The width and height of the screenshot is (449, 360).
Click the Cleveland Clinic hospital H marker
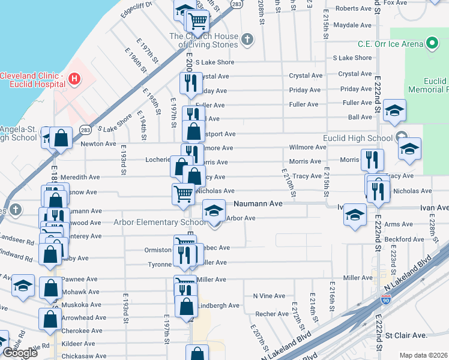click(74, 79)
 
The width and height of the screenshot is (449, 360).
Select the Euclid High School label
click(358, 139)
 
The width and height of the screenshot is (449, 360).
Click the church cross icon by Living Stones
click(247, 40)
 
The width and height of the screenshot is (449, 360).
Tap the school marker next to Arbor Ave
click(214, 212)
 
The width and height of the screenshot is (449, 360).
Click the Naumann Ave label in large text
click(257, 204)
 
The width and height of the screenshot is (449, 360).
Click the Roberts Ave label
click(354, 8)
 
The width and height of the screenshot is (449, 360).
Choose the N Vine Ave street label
click(269, 296)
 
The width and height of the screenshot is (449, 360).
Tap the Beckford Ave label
click(405, 239)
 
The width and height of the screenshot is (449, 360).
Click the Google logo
click(20, 353)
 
